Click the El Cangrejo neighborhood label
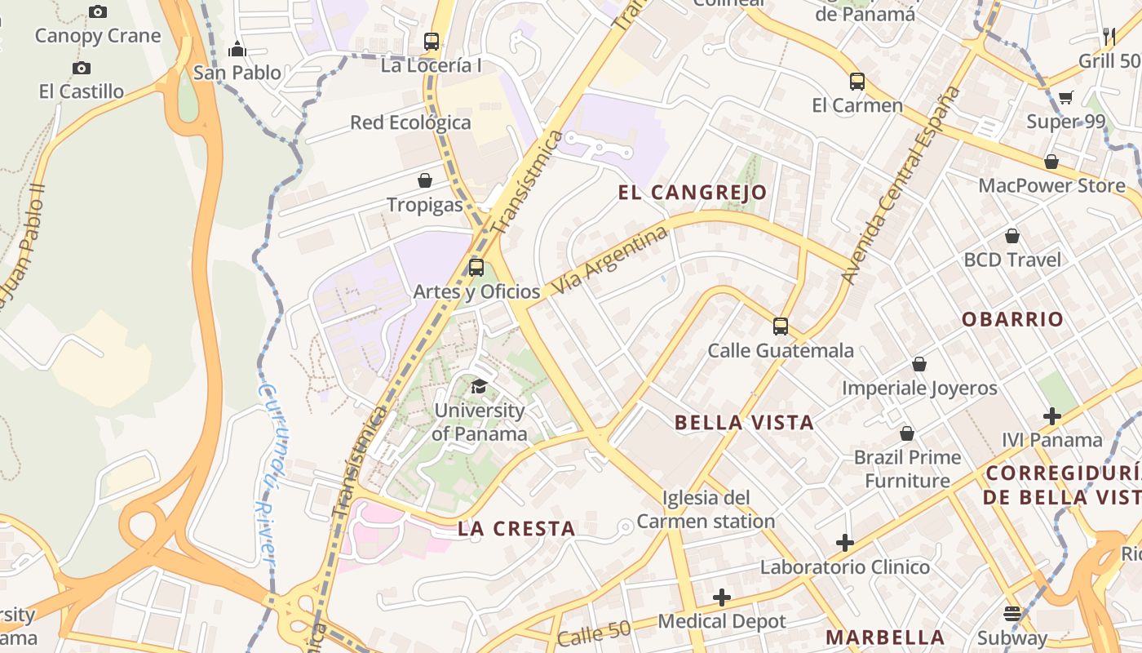tap(693, 193)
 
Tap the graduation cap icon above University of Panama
tap(479, 386)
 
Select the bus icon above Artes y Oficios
tap(476, 267)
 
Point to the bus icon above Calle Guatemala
tap(781, 326)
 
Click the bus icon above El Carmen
tap(856, 82)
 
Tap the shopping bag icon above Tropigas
tap(425, 180)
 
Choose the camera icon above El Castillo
tap(81, 68)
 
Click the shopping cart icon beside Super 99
tap(1065, 98)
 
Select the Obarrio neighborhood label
tap(1012, 319)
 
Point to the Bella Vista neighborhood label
tap(744, 423)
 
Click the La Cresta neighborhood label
tap(516, 529)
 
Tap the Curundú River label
tap(266, 471)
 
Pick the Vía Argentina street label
tap(609, 261)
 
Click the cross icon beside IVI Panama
tap(1052, 416)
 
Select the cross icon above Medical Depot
tap(722, 597)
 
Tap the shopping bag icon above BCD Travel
tap(1012, 236)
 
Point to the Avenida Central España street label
tap(903, 185)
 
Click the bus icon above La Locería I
tap(432, 41)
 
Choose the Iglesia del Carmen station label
tap(706, 509)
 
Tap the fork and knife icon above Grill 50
tap(1109, 36)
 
